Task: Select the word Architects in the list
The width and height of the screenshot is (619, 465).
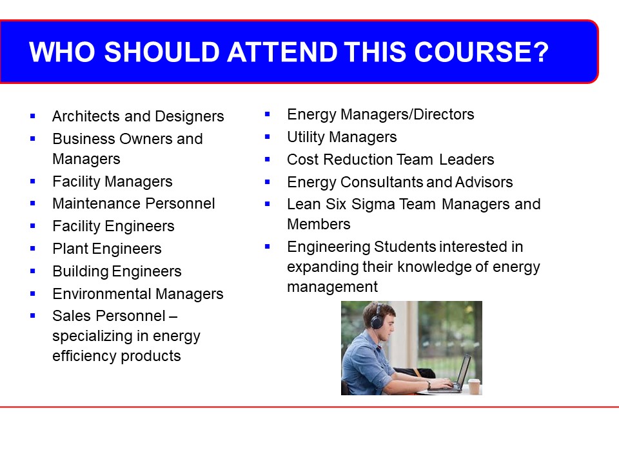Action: (x=86, y=116)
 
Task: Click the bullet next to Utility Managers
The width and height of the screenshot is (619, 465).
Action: (x=267, y=137)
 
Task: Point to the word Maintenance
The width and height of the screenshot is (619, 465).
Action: (x=92, y=203)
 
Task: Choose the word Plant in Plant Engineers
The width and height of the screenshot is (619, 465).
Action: (x=71, y=248)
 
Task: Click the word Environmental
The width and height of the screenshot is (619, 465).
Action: (x=102, y=294)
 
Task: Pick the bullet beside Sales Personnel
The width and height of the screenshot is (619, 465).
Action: (x=33, y=316)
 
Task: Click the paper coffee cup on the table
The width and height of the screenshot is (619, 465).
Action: (x=474, y=386)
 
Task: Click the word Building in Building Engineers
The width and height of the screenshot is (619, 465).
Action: (x=81, y=271)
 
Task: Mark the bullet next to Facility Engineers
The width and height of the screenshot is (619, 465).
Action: (x=33, y=226)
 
